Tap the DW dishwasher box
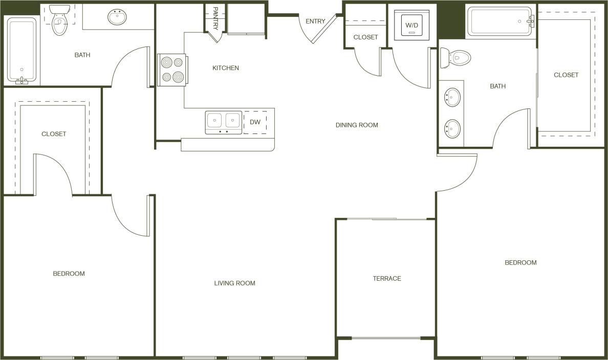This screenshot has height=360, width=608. tap(255, 122)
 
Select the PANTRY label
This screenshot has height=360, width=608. tap(215, 17)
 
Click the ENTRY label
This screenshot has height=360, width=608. tap(315, 21)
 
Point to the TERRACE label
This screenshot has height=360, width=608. tap(387, 279)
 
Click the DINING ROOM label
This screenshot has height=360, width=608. tap(357, 125)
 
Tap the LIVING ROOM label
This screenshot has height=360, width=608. tap(234, 283)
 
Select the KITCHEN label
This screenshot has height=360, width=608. tap(226, 68)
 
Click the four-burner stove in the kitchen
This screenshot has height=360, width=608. tap(171, 70)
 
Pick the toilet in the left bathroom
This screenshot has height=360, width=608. tap(59, 20)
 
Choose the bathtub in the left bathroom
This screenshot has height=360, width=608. tap(21, 50)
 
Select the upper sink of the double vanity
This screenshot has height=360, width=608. tap(452, 97)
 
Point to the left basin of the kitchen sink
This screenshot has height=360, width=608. tap(214, 121)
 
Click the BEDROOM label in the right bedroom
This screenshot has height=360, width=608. tap(520, 263)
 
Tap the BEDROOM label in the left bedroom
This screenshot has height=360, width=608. tap(69, 274)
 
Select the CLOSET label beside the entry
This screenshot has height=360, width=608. tap(365, 37)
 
